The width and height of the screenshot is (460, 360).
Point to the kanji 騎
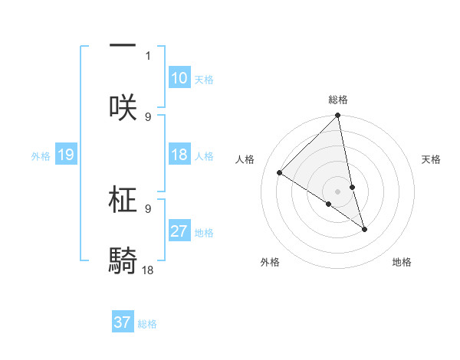pos(123,260)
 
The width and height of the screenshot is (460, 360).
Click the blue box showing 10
pos(179,78)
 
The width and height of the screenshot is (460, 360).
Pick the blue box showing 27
pos(179,231)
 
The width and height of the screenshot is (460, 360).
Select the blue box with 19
pos(65,155)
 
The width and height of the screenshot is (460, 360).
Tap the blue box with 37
pos(123,322)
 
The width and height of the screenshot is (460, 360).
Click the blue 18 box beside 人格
pos(179,155)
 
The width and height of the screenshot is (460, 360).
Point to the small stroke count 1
pos(148,55)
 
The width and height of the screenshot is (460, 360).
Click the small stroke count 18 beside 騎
pos(148,270)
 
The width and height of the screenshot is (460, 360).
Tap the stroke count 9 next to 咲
pos(148,116)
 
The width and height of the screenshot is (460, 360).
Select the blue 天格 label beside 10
pos(204,79)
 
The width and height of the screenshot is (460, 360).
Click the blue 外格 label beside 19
pos(41,156)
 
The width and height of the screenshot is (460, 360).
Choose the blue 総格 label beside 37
pos(147,323)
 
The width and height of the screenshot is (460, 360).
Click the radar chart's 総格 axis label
pos(338,100)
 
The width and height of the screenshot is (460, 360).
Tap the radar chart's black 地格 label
pos(402,262)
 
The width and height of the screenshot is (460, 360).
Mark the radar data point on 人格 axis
pos(280,173)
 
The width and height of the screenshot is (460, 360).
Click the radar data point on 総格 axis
pos(338,116)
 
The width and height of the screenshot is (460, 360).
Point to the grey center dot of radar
pos(338,191)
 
